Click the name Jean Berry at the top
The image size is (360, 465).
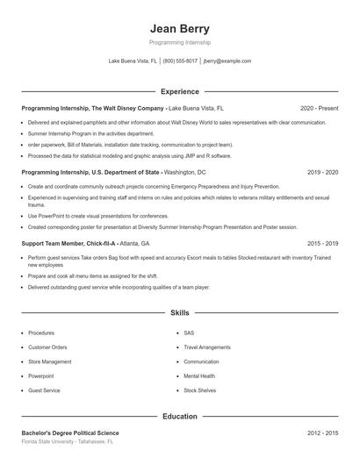(180, 29)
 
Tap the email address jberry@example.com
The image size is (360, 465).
(227, 61)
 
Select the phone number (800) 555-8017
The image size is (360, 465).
(180, 61)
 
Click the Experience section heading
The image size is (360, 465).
(180, 91)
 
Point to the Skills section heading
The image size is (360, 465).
(180, 312)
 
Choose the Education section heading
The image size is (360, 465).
(180, 417)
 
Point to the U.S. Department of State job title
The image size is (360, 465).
(91, 173)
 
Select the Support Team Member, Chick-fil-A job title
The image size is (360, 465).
(69, 243)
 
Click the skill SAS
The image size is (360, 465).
(189, 333)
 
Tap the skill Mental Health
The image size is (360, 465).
(199, 376)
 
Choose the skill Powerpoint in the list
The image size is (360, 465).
(41, 376)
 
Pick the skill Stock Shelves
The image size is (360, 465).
(200, 390)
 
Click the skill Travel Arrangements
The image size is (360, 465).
(207, 347)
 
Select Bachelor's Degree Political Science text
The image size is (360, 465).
(70, 433)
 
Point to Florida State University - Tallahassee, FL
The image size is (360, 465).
(68, 442)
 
